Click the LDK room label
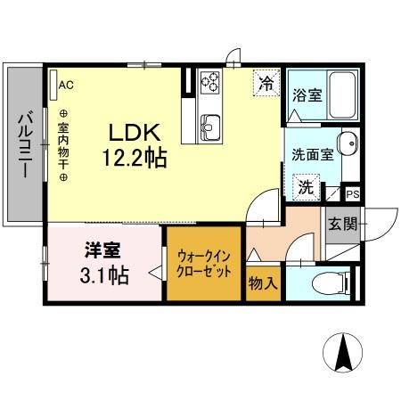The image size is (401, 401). pyautogui.click(x=134, y=131)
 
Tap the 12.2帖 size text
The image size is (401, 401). pyautogui.click(x=134, y=160)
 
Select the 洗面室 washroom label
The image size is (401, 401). pyautogui.click(x=313, y=153)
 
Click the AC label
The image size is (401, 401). pyautogui.click(x=66, y=86)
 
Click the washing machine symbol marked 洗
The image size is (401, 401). pyautogui.click(x=306, y=188)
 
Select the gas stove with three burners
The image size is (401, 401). pyautogui.click(x=210, y=83)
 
